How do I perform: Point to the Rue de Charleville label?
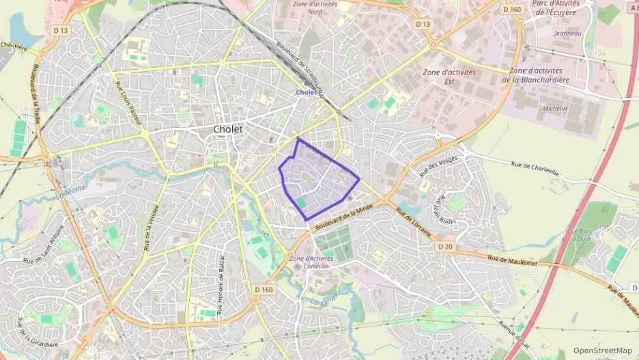pos(539,168)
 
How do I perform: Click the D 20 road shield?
pos(445,246)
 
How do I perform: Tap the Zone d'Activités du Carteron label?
pos(309,262)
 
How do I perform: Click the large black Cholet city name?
pos(228,129)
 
